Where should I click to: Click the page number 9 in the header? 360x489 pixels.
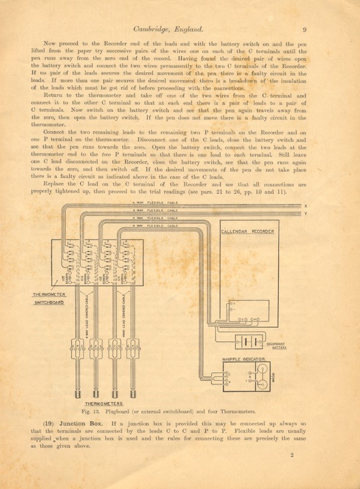pos(305,28)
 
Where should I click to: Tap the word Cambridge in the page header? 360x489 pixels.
pos(155,28)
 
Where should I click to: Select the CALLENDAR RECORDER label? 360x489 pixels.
pos(247,232)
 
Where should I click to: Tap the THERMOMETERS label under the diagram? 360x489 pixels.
pos(104,403)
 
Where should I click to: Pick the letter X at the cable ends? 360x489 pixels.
pos(306,206)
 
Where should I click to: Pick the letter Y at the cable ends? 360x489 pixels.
pos(306,214)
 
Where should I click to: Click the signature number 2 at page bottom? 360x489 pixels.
pos(291,455)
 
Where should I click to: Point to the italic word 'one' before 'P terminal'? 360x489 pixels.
pos(36,139)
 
